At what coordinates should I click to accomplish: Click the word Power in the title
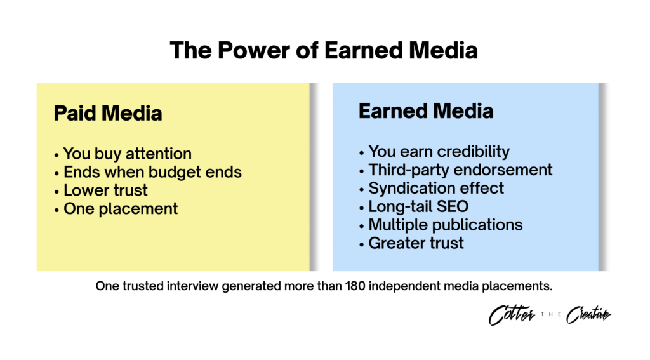[x=253, y=51]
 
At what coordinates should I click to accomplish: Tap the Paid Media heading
[x=108, y=113]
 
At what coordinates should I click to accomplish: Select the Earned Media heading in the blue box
[x=426, y=111]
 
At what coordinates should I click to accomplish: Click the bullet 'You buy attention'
[x=123, y=154]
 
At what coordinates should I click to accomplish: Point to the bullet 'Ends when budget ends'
[x=148, y=172]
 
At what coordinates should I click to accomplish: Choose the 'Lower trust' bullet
[x=101, y=190]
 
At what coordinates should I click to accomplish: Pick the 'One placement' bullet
[x=116, y=209]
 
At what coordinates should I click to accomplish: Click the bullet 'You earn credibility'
[x=434, y=152]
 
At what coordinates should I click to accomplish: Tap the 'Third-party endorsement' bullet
[x=456, y=170]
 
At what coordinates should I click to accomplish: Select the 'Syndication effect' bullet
[x=432, y=189]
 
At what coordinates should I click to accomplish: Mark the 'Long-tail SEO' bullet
[x=414, y=206]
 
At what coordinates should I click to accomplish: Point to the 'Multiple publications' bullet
[x=441, y=225]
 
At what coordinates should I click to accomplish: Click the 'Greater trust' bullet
[x=411, y=243]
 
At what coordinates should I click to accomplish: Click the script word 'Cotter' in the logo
[x=512, y=315]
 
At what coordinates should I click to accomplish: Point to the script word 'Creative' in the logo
[x=588, y=315]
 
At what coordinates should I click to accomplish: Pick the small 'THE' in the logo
[x=551, y=315]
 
